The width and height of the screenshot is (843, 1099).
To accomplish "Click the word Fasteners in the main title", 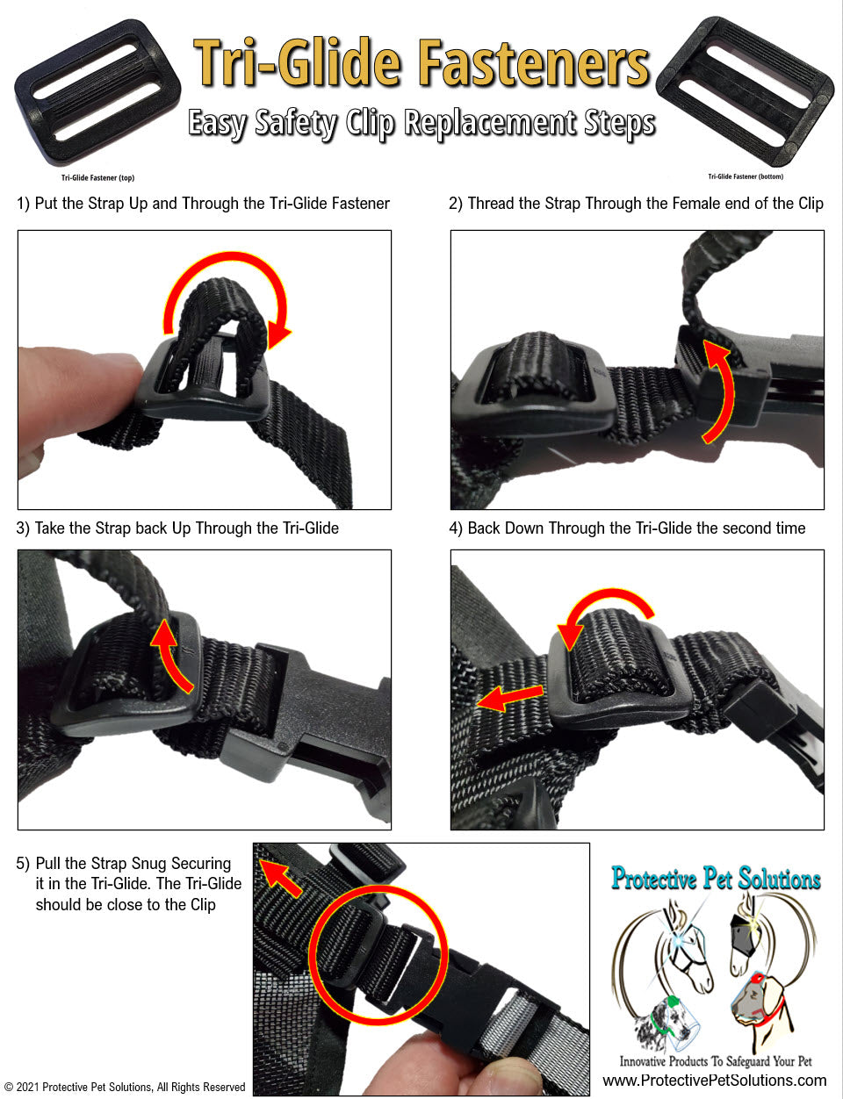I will pos(533,64).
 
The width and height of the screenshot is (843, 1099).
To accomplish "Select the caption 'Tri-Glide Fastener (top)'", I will pos(97,178).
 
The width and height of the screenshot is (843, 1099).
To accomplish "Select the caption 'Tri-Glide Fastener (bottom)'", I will pos(746,176).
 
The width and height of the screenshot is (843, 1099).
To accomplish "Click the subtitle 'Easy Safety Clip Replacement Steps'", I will pos(421,124).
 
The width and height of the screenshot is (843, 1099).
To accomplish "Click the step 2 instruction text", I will pos(636,204).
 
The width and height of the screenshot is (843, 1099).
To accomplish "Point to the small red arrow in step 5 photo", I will pos(281,878).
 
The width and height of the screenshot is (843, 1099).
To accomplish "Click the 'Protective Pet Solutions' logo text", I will pos(716,879).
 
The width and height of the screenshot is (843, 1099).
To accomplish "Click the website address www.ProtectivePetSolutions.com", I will pos(714,1081).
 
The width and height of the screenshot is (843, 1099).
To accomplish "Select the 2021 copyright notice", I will pos(125,1088).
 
